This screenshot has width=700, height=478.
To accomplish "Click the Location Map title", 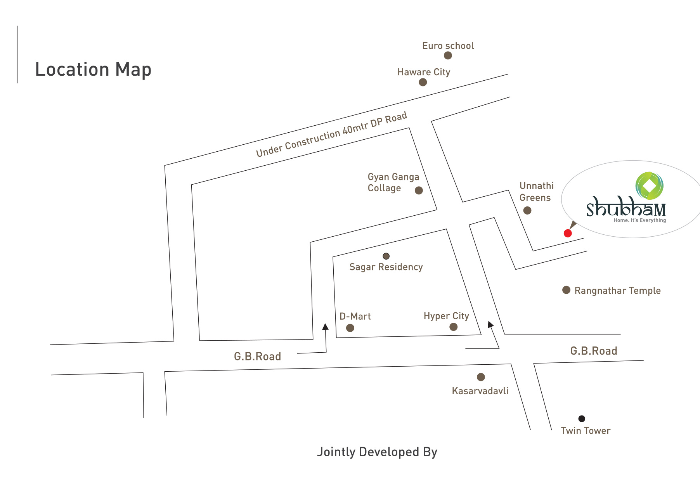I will [93, 70].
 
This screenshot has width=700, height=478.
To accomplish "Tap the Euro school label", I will [448, 46].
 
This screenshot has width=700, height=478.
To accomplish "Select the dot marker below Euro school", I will [448, 55].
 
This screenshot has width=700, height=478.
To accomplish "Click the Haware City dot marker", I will [423, 82].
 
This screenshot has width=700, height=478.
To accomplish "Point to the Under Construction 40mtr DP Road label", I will [331, 134].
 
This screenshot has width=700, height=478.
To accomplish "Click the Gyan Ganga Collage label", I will [393, 182].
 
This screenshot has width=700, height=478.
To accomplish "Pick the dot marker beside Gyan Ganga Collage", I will [419, 191].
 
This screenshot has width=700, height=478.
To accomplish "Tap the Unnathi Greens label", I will [536, 192].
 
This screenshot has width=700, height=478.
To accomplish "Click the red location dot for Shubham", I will [568, 233].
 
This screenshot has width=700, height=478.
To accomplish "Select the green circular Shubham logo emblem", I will [649, 186].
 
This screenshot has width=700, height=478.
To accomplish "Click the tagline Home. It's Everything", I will [639, 220].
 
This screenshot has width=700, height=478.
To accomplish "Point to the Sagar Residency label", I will [386, 267].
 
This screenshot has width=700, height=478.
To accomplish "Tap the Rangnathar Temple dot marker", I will [566, 290].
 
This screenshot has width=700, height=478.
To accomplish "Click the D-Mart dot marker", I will [350, 328].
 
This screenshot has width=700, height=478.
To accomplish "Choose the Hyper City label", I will [446, 316].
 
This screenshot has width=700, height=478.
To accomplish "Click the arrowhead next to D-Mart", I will [325, 327].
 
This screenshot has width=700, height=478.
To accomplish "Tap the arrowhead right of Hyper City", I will [490, 324].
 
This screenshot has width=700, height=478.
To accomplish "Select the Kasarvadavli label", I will [480, 391].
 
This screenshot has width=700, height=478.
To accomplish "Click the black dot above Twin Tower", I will [582, 419].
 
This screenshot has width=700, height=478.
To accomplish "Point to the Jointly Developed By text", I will [377, 452].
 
